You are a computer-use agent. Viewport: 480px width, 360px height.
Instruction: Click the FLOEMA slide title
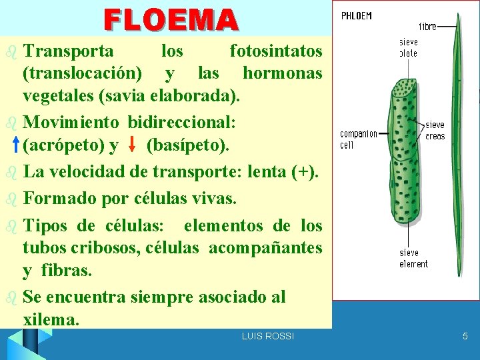pos(171,19)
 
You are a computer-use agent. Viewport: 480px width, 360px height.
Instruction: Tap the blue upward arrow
pos(16,144)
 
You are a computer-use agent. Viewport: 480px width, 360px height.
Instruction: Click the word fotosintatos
pos(275,51)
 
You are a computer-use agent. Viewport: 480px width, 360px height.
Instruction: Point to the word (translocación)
pos(81,73)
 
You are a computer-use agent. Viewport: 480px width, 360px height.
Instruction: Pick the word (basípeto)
pos(187,145)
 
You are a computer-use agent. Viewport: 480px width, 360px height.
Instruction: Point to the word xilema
pos(51,319)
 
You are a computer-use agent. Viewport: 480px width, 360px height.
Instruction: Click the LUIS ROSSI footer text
pos(267,337)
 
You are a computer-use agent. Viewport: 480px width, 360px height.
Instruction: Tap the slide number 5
pos(465,337)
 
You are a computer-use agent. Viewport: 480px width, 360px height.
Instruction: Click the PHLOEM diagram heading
pos(357,15)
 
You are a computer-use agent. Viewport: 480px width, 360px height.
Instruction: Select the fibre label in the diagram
pos(428,27)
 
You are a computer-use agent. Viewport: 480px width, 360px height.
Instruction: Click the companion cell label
pos(359,139)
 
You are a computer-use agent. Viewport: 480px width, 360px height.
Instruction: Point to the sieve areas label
pos(435,131)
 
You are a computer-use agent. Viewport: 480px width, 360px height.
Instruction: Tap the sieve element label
pos(413,259)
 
